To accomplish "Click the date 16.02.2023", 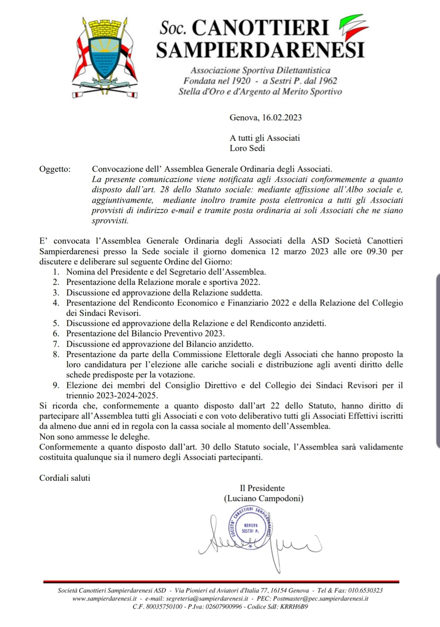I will pos(282,118).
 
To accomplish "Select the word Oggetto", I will pos(55,169).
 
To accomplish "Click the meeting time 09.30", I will pos(376,251).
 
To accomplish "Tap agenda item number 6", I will pos(56,334).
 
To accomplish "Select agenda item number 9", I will pos(56,385).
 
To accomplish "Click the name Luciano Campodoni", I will pos(263,498).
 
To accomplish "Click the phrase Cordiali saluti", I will pos(65,478).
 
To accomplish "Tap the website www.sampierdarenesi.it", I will pos(104,598).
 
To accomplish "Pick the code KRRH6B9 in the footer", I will pos(294,607).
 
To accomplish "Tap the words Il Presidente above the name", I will pos(262,488).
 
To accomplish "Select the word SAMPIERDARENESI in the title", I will pos(260,50).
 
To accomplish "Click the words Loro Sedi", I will pos(248,148).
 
